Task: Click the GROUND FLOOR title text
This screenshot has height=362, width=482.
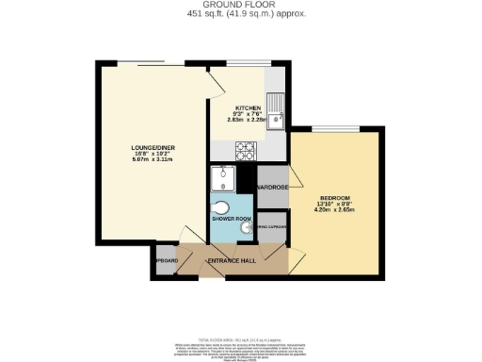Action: click(x=241, y=5)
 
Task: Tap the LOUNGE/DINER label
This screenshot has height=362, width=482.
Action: click(x=151, y=148)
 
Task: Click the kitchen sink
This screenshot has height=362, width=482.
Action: click(x=277, y=110)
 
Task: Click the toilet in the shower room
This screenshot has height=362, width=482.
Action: click(x=222, y=208)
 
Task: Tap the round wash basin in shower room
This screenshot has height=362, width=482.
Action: click(x=248, y=226)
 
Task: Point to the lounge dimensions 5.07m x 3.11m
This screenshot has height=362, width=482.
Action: click(x=151, y=161)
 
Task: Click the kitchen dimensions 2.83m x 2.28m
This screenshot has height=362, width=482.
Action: click(x=249, y=122)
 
